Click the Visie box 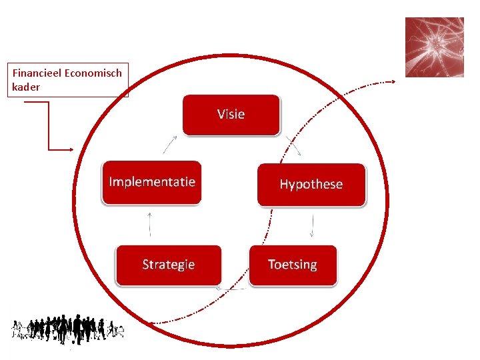click(x=231, y=115)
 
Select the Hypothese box click(x=311, y=185)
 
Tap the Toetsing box click(x=293, y=265)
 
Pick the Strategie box click(x=169, y=265)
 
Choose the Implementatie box click(x=151, y=183)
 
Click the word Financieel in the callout click(x=37, y=73)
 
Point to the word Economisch click(x=93, y=73)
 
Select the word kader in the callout click(x=26, y=87)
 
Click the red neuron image click(x=435, y=47)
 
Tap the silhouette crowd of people click(x=67, y=330)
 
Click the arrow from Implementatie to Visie click(x=170, y=145)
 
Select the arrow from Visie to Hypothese click(x=293, y=146)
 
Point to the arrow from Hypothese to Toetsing click(x=312, y=225)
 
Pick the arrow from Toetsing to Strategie click(x=231, y=289)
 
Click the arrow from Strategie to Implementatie click(x=150, y=225)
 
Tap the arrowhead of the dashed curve click(x=393, y=82)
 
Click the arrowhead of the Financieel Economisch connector click(x=71, y=150)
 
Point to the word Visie click(x=231, y=114)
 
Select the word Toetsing click(x=293, y=265)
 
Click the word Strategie click(x=169, y=265)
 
